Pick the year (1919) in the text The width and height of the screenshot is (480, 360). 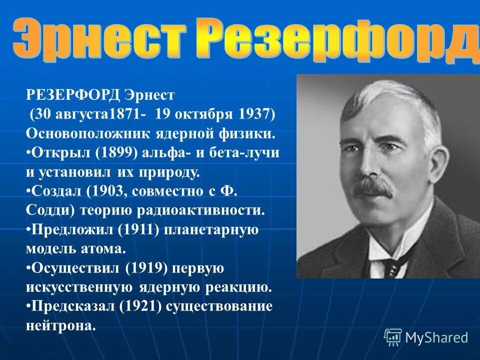point(148,267)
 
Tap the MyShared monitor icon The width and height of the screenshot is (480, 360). point(393,337)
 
